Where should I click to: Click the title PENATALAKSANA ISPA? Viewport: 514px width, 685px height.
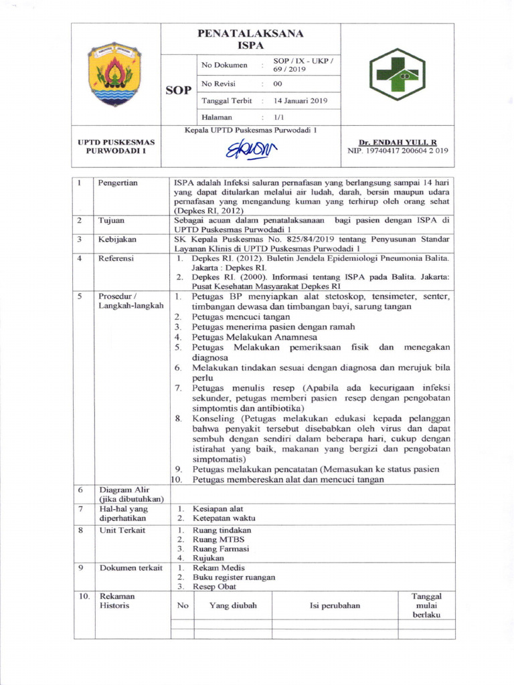(x=250, y=39)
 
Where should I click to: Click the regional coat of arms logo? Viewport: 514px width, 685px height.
(x=116, y=74)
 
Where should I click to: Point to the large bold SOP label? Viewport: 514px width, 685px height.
(x=178, y=90)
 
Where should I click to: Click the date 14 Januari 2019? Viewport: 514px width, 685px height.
(x=301, y=101)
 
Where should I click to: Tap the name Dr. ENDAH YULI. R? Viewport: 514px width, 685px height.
(x=397, y=142)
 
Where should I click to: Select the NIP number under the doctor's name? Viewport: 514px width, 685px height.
(x=398, y=151)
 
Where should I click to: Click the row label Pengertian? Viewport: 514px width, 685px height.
(x=118, y=183)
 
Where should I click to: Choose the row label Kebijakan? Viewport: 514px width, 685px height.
(x=117, y=239)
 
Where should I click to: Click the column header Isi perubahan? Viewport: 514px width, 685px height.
(x=335, y=605)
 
